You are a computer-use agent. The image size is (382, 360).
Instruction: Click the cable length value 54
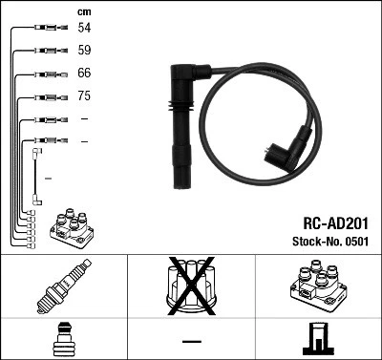tap(85, 29)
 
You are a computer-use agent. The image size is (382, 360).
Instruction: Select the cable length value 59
tap(85, 51)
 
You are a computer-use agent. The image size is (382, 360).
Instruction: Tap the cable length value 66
tap(85, 74)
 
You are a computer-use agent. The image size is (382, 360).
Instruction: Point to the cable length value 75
tap(85, 96)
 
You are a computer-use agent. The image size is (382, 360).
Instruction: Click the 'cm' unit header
tap(84, 11)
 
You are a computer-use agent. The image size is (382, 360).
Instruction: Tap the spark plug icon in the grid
tap(63, 286)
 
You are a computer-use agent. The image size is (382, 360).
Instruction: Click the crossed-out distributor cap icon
tap(191, 286)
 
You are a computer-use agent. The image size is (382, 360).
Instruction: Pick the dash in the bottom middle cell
tap(191, 340)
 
